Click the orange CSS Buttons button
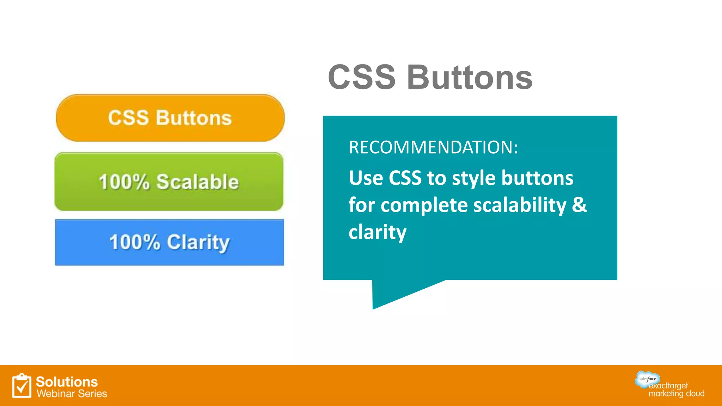click(x=170, y=118)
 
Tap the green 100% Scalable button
click(x=169, y=182)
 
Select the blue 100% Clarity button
click(x=170, y=242)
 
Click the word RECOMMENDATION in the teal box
click(x=433, y=147)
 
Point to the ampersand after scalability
click(x=579, y=205)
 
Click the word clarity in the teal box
click(x=378, y=232)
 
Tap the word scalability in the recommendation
click(x=520, y=205)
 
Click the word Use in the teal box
click(x=366, y=178)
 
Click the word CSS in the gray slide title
click(x=362, y=78)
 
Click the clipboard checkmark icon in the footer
click(x=22, y=386)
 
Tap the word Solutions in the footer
click(x=67, y=382)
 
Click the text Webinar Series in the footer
click(x=72, y=394)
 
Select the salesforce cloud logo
click(x=647, y=379)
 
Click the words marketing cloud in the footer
click(x=676, y=394)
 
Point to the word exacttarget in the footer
click(x=668, y=386)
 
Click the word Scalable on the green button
click(x=197, y=182)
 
